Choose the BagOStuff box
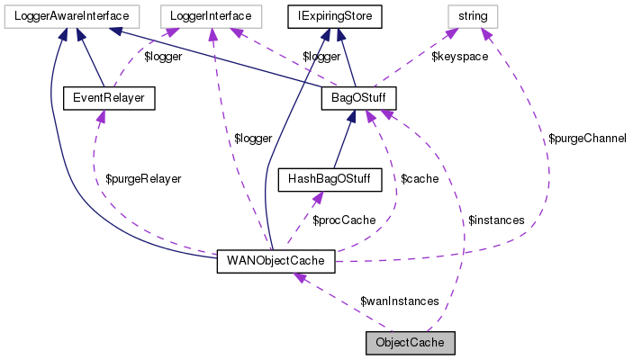pyautogui.click(x=357, y=95)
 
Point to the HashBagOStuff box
pyautogui.click(x=329, y=178)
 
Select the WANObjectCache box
pyautogui.click(x=276, y=261)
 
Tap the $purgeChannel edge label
pyautogui.click(x=587, y=139)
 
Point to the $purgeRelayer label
pyautogui.click(x=143, y=179)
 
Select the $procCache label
pyautogui.click(x=344, y=220)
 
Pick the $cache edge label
pyautogui.click(x=420, y=179)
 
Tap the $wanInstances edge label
pyautogui.click(x=399, y=301)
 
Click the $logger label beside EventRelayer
pyautogui.click(x=164, y=57)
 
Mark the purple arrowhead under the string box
pyautogui.click(x=484, y=34)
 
